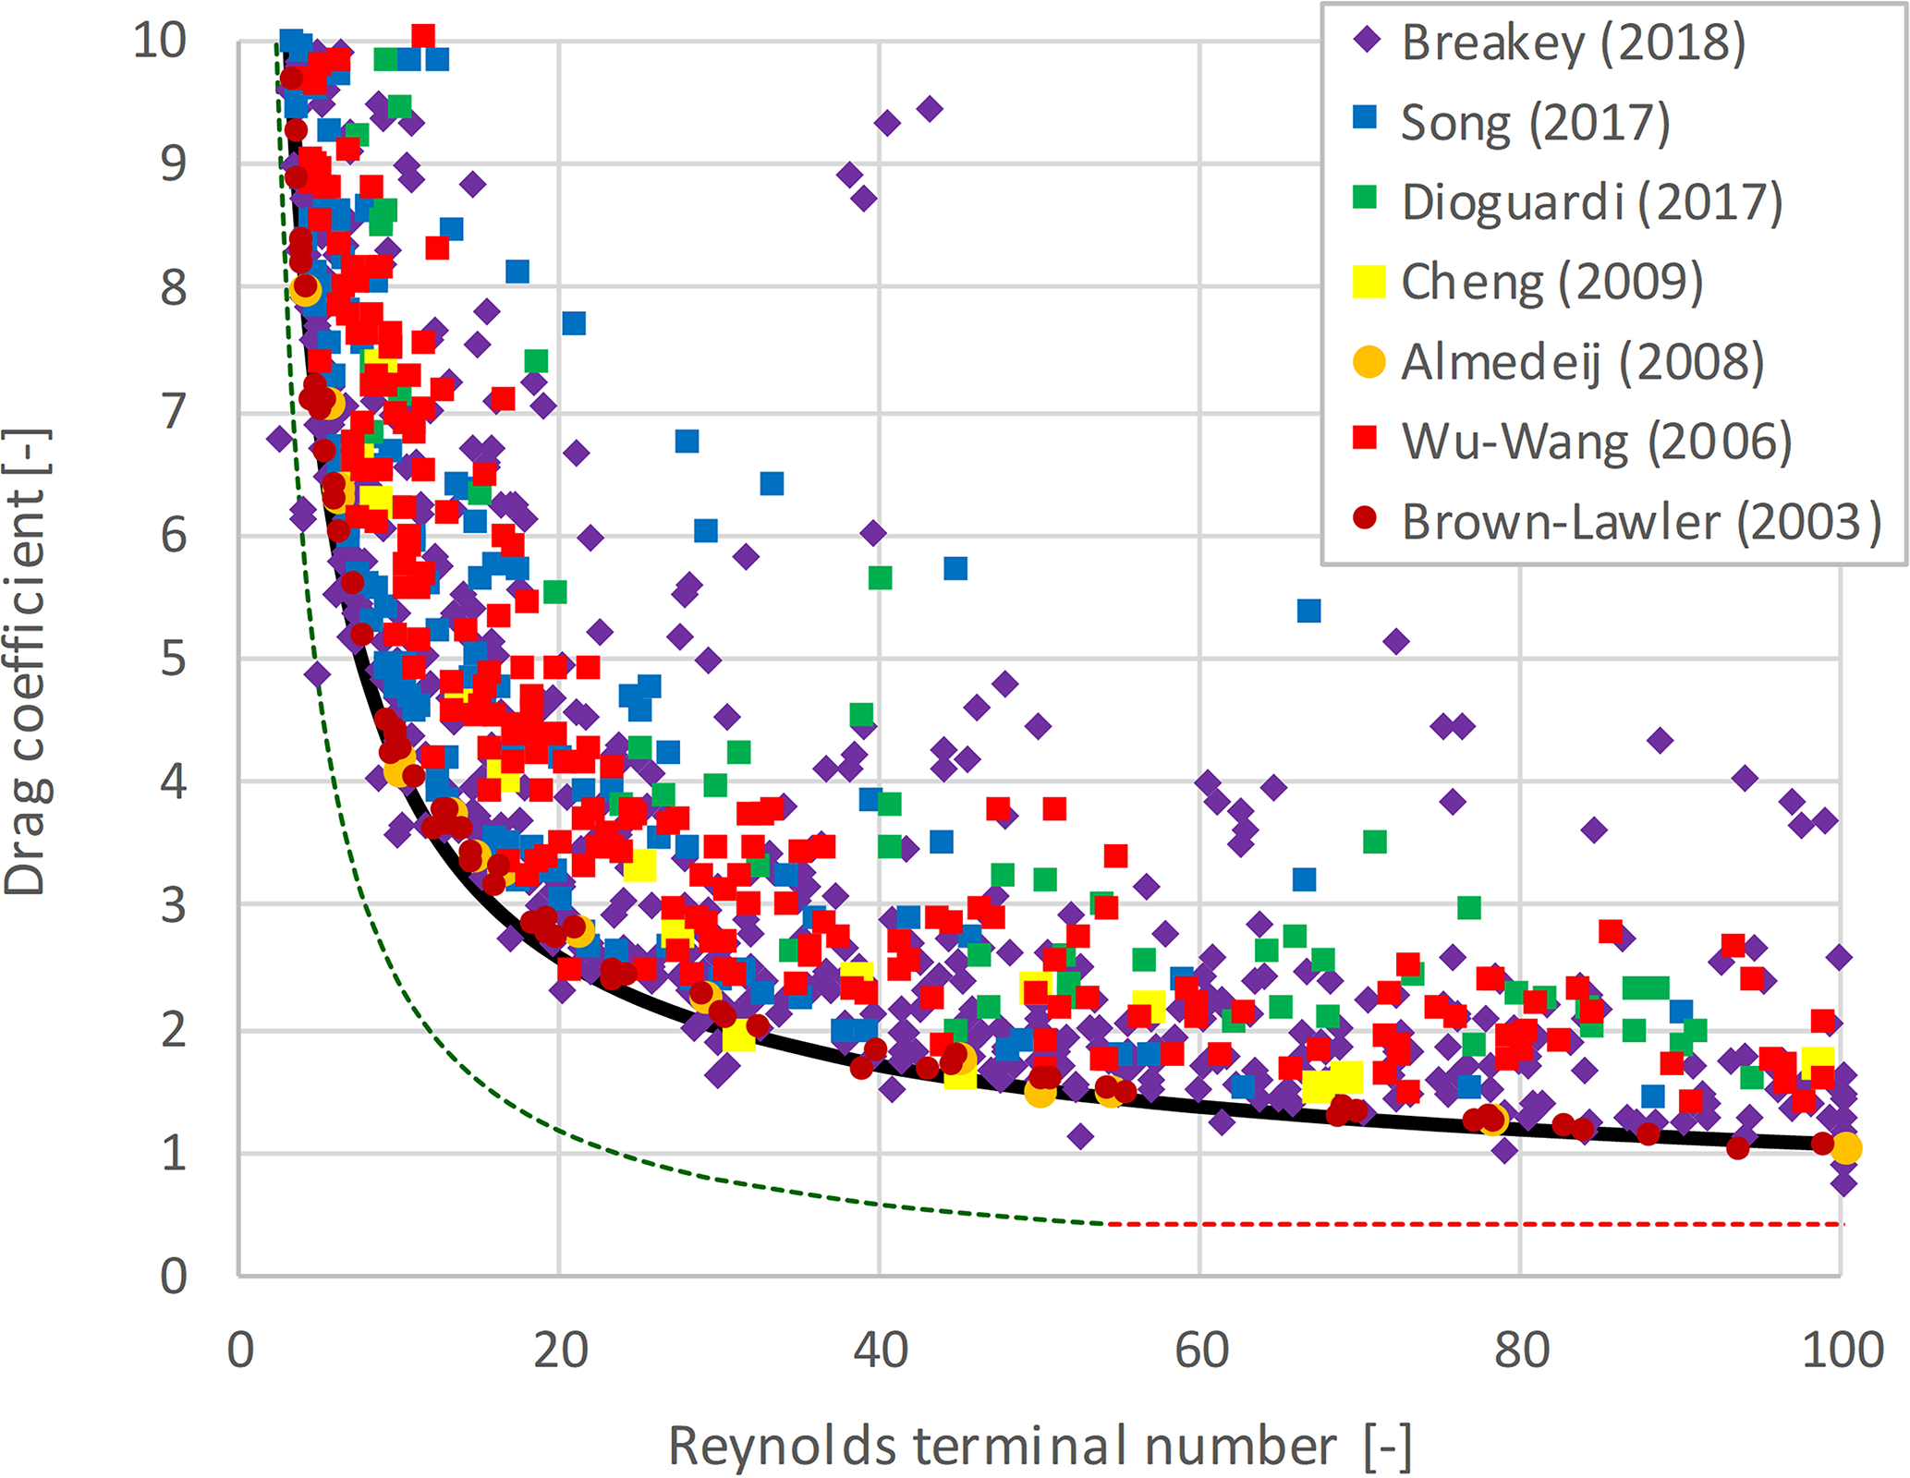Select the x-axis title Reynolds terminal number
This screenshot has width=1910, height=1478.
[1040, 1446]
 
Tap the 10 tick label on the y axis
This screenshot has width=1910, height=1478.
[160, 41]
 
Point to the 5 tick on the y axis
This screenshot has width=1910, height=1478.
[174, 660]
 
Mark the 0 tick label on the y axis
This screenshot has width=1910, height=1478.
[174, 1277]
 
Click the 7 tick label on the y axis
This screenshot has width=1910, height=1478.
[174, 412]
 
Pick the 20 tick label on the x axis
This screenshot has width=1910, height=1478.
[560, 1351]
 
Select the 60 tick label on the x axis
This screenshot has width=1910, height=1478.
[1200, 1351]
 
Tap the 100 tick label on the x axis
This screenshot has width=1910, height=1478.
[1842, 1351]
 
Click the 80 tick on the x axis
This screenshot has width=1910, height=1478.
[1521, 1351]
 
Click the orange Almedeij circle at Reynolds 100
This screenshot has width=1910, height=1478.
[1845, 1148]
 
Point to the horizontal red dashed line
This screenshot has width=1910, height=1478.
[1478, 1224]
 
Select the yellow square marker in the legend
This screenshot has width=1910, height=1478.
[1369, 282]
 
